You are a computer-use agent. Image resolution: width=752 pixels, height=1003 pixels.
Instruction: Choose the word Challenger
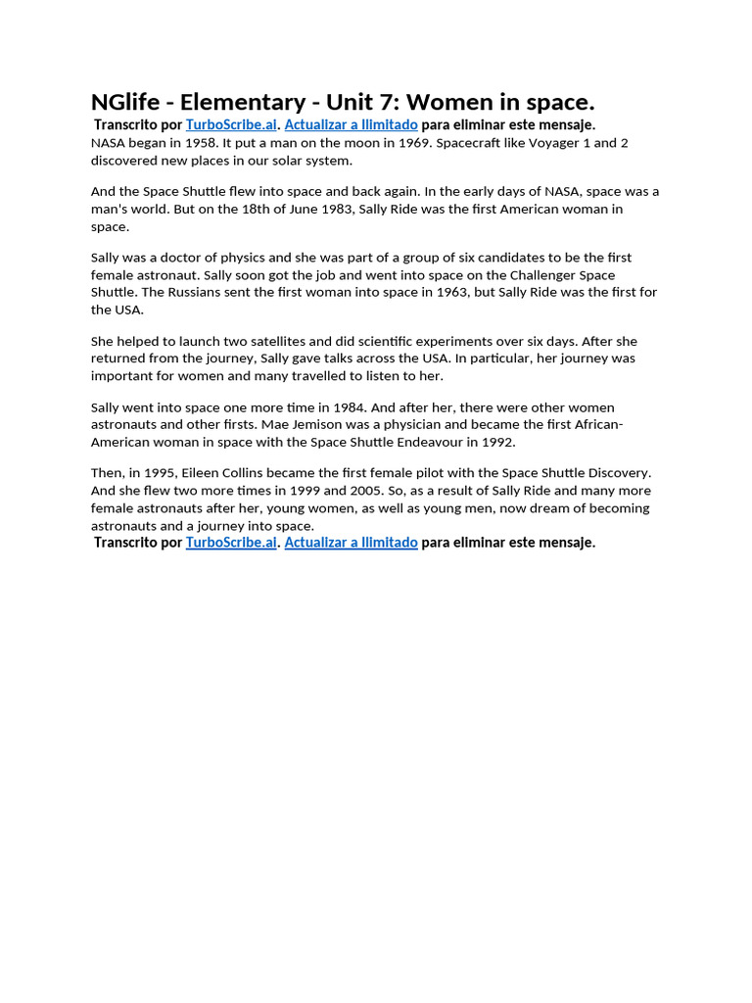531,275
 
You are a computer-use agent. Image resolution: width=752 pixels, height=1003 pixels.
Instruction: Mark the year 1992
498,442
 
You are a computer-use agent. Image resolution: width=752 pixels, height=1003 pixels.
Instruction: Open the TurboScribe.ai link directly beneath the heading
231,125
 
